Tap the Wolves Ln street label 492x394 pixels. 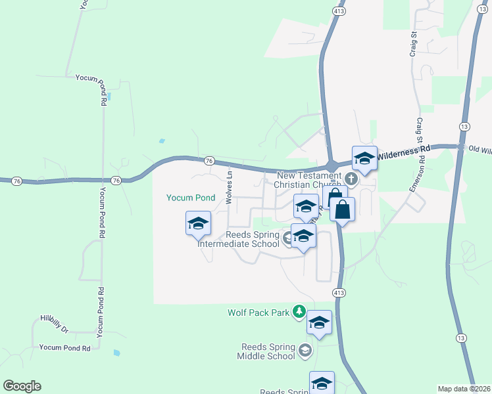pyautogui.click(x=230, y=186)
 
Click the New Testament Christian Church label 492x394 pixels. pyautogui.click(x=309, y=180)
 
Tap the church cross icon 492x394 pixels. pyautogui.click(x=351, y=177)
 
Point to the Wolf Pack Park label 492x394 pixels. pyautogui.click(x=258, y=313)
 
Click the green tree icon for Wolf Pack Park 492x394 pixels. pyautogui.click(x=299, y=310)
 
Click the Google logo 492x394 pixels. pyautogui.click(x=22, y=386)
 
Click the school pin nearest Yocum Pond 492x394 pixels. pyautogui.click(x=198, y=223)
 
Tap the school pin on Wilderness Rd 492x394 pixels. pyautogui.click(x=364, y=158)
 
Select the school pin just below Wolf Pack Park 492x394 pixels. pyautogui.click(x=319, y=323)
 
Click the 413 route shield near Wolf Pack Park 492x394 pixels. pyautogui.click(x=339, y=292)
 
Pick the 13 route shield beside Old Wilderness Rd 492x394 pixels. pyautogui.click(x=464, y=125)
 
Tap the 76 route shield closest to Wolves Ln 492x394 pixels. pyautogui.click(x=209, y=160)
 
